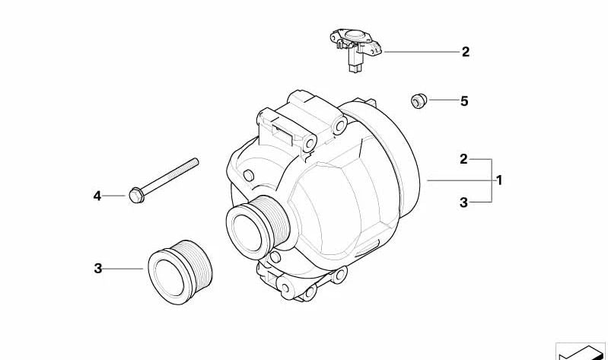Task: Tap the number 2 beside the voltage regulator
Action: (465, 53)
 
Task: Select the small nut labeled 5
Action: (418, 100)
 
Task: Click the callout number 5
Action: (464, 100)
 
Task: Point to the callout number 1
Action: (499, 180)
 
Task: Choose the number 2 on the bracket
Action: (463, 159)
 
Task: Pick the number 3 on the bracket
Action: (463, 202)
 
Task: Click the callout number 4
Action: (97, 196)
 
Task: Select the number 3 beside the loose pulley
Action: (97, 268)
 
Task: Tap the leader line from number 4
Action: (115, 196)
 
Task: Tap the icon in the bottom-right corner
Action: (582, 351)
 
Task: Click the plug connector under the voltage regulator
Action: (354, 64)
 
